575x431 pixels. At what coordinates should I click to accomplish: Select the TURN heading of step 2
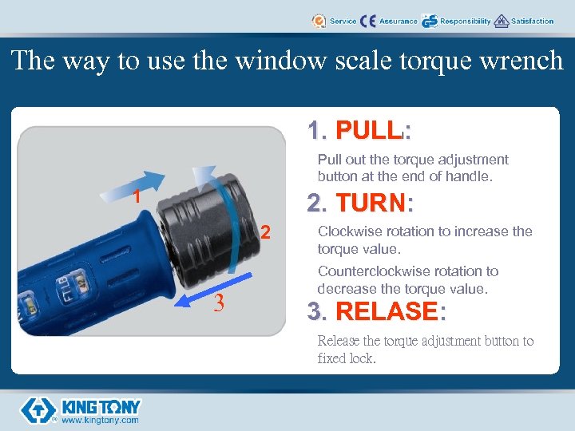pyautogui.click(x=371, y=204)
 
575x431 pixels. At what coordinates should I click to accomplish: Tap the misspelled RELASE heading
pyautogui.click(x=386, y=310)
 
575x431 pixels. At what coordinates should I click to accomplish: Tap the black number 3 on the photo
pyautogui.click(x=217, y=303)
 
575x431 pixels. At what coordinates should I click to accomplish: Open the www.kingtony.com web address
pyautogui.click(x=100, y=420)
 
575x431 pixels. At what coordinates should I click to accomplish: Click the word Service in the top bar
pyautogui.click(x=343, y=22)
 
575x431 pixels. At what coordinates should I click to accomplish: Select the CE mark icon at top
pyautogui.click(x=368, y=21)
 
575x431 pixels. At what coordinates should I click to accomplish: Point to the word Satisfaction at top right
pyautogui.click(x=532, y=22)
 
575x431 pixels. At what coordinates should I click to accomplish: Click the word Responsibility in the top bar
pyautogui.click(x=465, y=22)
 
